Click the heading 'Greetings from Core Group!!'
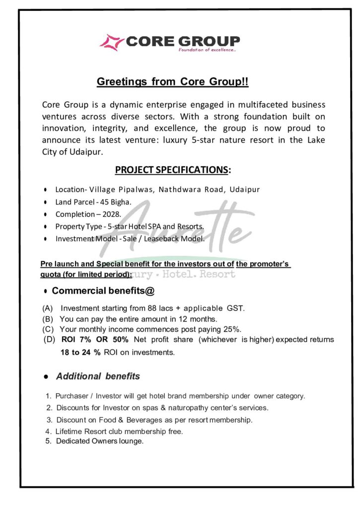click(172, 82)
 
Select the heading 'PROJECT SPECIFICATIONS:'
click(173, 170)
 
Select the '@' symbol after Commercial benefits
click(143, 291)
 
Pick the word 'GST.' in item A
click(235, 308)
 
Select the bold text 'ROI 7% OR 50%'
click(95, 340)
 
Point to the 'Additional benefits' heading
click(98, 377)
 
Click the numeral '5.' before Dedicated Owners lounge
click(49, 441)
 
